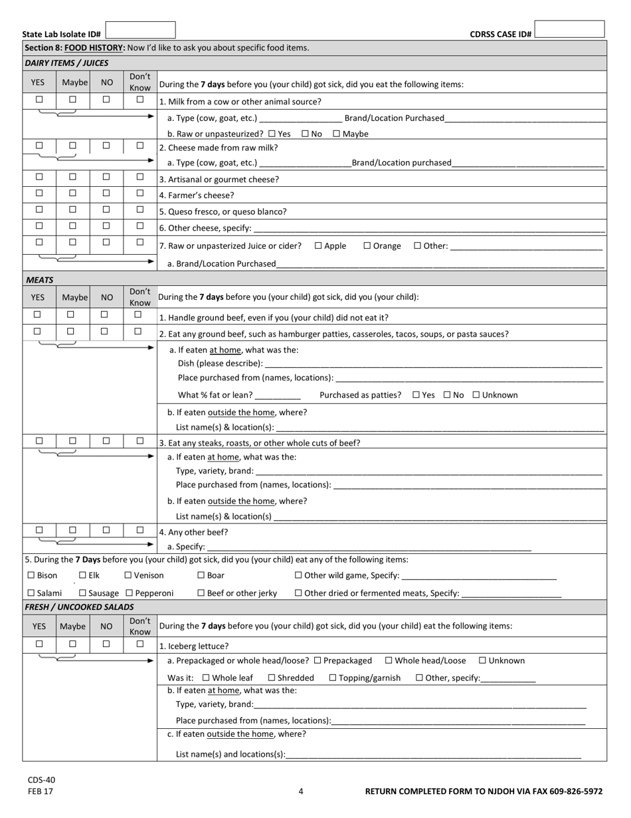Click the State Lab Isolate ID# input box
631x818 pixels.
pyautogui.click(x=140, y=30)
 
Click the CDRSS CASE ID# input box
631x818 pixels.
pyautogui.click(x=569, y=29)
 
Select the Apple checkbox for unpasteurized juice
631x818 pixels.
pyautogui.click(x=318, y=245)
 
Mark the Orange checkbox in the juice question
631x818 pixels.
pyautogui.click(x=367, y=245)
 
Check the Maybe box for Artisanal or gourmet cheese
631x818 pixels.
pyautogui.click(x=73, y=177)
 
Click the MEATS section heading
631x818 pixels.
pyautogui.click(x=40, y=280)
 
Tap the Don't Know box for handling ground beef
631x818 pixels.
pyautogui.click(x=138, y=315)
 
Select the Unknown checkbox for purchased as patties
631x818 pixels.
pyautogui.click(x=476, y=395)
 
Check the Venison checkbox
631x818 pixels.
pyautogui.click(x=128, y=575)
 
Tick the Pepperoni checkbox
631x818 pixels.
pyautogui.click(x=129, y=593)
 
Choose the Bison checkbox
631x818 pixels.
pyautogui.click(x=31, y=575)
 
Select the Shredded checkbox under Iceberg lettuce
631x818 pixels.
pyautogui.click(x=272, y=678)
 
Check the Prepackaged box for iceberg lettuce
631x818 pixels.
pyautogui.click(x=317, y=660)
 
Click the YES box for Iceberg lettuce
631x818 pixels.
pyautogui.click(x=39, y=644)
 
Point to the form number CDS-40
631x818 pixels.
pyautogui.click(x=41, y=779)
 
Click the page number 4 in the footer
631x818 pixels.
pyautogui.click(x=301, y=791)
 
